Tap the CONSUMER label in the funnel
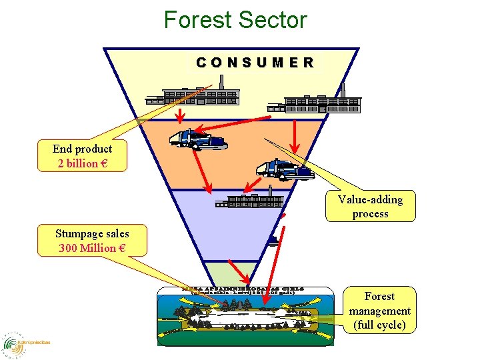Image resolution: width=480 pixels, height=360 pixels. point(255,63)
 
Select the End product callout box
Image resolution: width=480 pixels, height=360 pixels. point(83,156)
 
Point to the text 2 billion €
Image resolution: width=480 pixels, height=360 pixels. point(83,163)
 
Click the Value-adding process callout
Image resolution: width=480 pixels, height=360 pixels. point(370,206)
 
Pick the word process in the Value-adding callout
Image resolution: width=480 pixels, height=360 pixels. point(370,214)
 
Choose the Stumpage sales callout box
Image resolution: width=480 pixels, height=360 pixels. point(92,241)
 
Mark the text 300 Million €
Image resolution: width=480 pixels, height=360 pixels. point(92,248)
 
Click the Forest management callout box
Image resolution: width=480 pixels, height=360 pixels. point(379,310)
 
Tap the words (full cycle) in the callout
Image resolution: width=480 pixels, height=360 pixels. point(379,325)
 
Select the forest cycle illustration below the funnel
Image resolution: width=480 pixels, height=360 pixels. point(244,317)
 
